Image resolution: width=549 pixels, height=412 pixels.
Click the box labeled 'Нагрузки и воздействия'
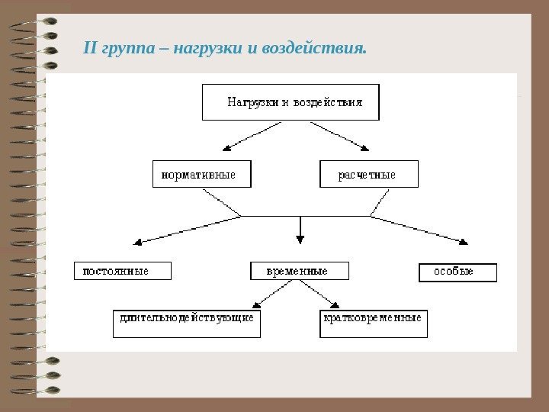pyautogui.click(x=291, y=102)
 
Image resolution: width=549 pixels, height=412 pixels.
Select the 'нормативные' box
pyautogui.click(x=201, y=174)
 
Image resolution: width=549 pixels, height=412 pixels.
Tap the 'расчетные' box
pyautogui.click(x=369, y=174)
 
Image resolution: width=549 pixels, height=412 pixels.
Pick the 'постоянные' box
pyautogui.click(x=122, y=271)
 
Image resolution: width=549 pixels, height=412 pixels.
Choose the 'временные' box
pyautogui.click(x=300, y=271)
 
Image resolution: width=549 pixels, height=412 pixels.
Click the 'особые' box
pyautogui.click(x=457, y=272)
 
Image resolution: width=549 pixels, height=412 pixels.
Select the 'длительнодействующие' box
pyautogui.click(x=187, y=323)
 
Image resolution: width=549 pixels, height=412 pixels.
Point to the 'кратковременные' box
pyautogui.click(x=373, y=323)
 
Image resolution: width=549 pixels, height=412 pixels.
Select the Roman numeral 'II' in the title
pyautogui.click(x=89, y=50)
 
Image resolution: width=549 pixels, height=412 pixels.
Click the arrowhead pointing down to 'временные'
pyautogui.click(x=300, y=240)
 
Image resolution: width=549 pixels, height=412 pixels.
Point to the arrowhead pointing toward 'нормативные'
pyautogui.click(x=226, y=148)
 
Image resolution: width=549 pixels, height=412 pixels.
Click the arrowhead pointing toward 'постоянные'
pyautogui.click(x=138, y=243)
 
